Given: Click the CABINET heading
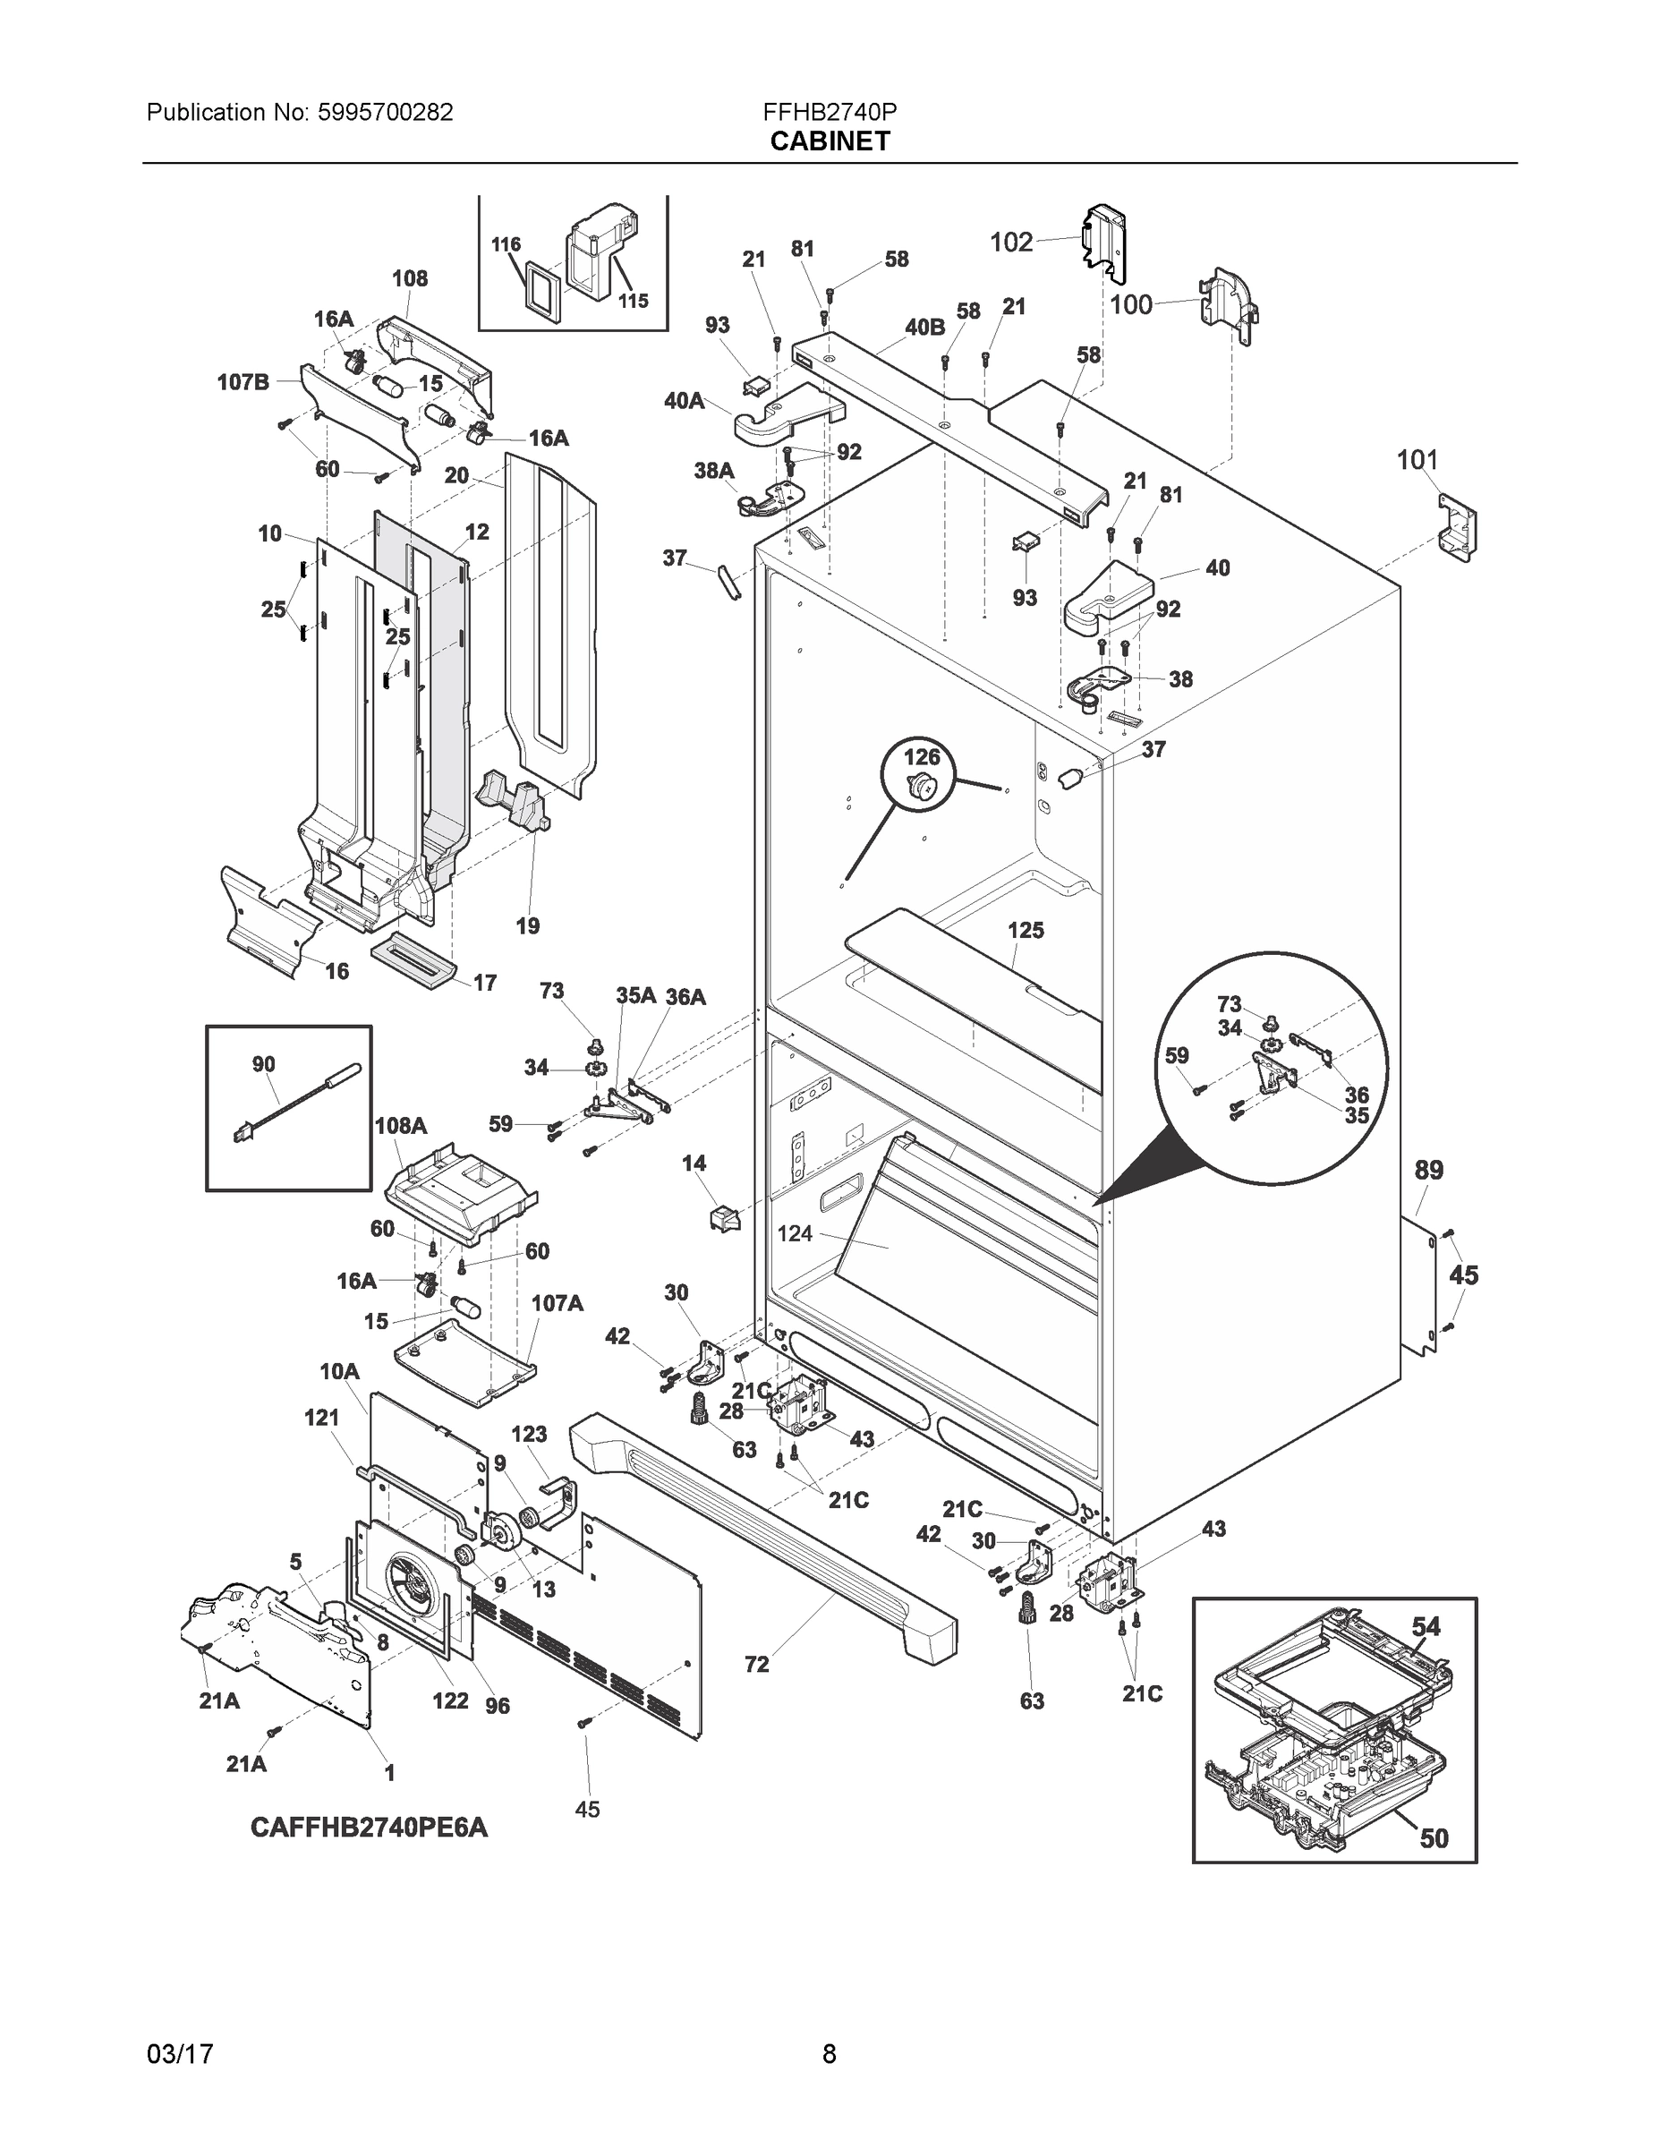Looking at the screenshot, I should [x=829, y=141].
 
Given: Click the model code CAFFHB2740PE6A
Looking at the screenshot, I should [x=369, y=1828].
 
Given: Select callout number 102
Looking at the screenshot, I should [x=1011, y=242].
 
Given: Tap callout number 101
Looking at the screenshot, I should [x=1417, y=459].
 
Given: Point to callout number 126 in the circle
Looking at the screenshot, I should [x=922, y=757].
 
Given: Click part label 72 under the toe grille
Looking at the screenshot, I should [x=756, y=1664].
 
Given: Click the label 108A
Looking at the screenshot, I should [x=400, y=1125].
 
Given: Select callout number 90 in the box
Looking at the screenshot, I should [x=264, y=1064].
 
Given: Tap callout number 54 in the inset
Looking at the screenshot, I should [x=1425, y=1627].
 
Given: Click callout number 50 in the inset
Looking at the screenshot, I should [x=1434, y=1837].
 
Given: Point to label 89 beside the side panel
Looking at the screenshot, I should [x=1428, y=1171].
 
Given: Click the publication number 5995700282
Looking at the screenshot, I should [x=385, y=112].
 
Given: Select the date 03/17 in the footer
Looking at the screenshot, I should [x=179, y=2055].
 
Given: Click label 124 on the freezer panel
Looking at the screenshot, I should [x=795, y=1232].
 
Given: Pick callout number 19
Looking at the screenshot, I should [x=527, y=925].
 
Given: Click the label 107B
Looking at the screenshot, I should [x=243, y=381].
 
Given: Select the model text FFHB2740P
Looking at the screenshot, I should [x=829, y=112].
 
